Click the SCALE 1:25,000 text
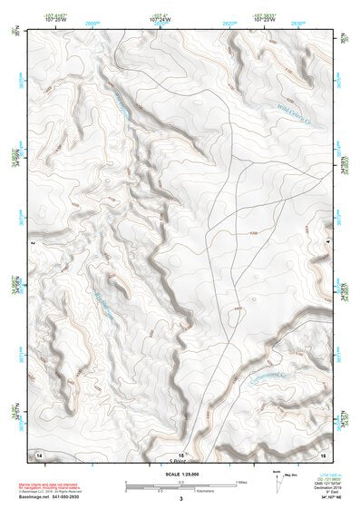[x=180, y=473]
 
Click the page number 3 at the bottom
[x=180, y=499]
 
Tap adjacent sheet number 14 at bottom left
[x=39, y=453]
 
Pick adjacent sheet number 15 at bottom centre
[x=181, y=453]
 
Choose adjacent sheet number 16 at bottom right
[x=322, y=453]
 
